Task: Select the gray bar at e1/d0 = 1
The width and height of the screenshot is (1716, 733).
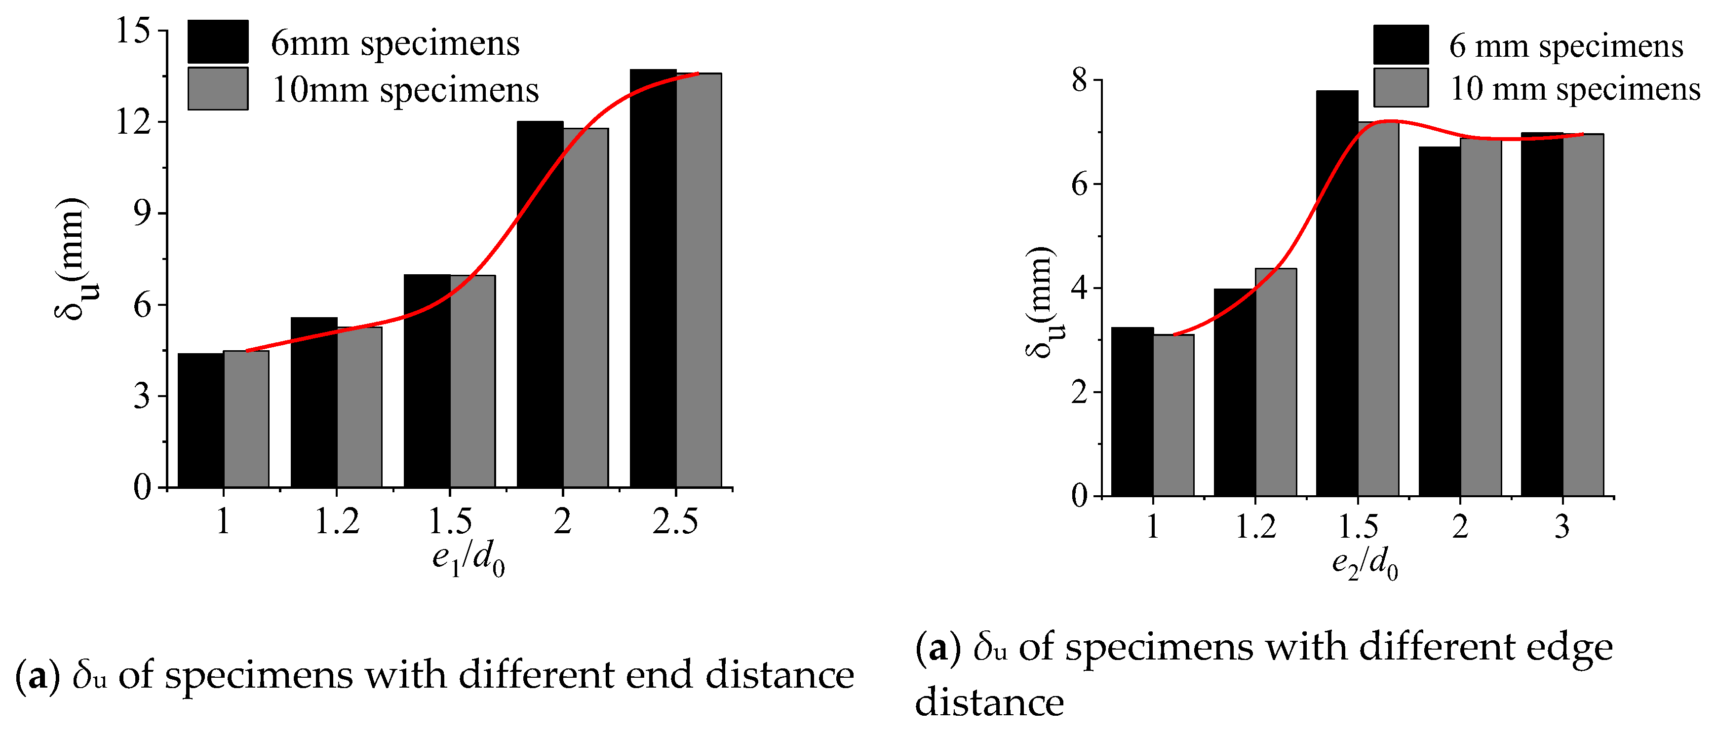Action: click(x=246, y=419)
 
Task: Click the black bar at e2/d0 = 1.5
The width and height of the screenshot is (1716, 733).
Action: click(x=1336, y=293)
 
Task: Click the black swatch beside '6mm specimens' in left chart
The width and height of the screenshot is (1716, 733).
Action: click(x=218, y=41)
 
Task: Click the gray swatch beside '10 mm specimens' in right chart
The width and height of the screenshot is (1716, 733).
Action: click(x=1400, y=87)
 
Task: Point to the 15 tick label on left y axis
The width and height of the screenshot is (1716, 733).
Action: click(x=133, y=31)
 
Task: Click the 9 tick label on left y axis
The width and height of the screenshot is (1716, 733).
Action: click(x=142, y=213)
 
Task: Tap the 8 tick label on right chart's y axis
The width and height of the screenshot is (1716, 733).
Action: click(x=1079, y=80)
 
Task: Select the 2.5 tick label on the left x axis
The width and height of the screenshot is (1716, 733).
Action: click(x=675, y=521)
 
